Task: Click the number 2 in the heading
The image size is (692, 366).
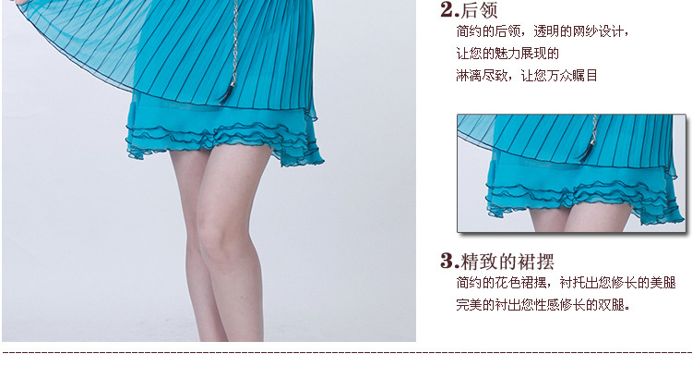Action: (x=447, y=9)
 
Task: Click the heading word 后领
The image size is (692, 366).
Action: (x=479, y=10)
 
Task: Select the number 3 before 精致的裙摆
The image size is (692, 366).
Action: (x=447, y=261)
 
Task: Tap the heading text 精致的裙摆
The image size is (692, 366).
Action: (x=507, y=262)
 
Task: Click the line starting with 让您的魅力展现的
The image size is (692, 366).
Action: (x=507, y=54)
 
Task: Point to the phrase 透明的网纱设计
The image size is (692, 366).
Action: (x=579, y=31)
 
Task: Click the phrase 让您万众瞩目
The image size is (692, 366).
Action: (x=559, y=76)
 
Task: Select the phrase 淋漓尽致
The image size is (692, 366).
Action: (x=482, y=76)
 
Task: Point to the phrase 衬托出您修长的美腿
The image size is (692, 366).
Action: (x=618, y=283)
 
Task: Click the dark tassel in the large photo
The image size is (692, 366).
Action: (x=227, y=93)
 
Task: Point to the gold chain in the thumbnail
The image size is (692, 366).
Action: (x=593, y=128)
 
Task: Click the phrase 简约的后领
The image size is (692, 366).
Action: (x=488, y=31)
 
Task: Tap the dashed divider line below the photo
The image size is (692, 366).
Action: (x=347, y=353)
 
